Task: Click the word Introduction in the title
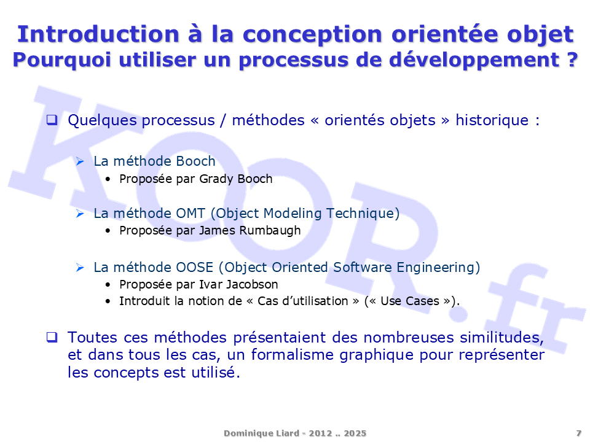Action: (x=98, y=34)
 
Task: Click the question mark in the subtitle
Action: (x=572, y=60)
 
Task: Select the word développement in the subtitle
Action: (x=474, y=60)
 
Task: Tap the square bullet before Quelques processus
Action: (x=52, y=120)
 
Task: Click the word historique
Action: (x=492, y=120)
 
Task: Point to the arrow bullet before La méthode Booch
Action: (x=80, y=161)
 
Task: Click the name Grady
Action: (x=216, y=179)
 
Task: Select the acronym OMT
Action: (x=191, y=214)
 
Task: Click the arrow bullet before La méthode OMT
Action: (x=80, y=214)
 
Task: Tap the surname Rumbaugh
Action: (x=270, y=230)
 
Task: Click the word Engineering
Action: (x=435, y=268)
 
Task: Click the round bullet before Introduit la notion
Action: (x=108, y=301)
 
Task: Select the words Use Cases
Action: (x=410, y=301)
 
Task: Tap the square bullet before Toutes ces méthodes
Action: (x=52, y=337)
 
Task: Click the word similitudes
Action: (x=502, y=338)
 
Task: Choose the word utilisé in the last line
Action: (x=216, y=373)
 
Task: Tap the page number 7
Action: (x=579, y=433)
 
